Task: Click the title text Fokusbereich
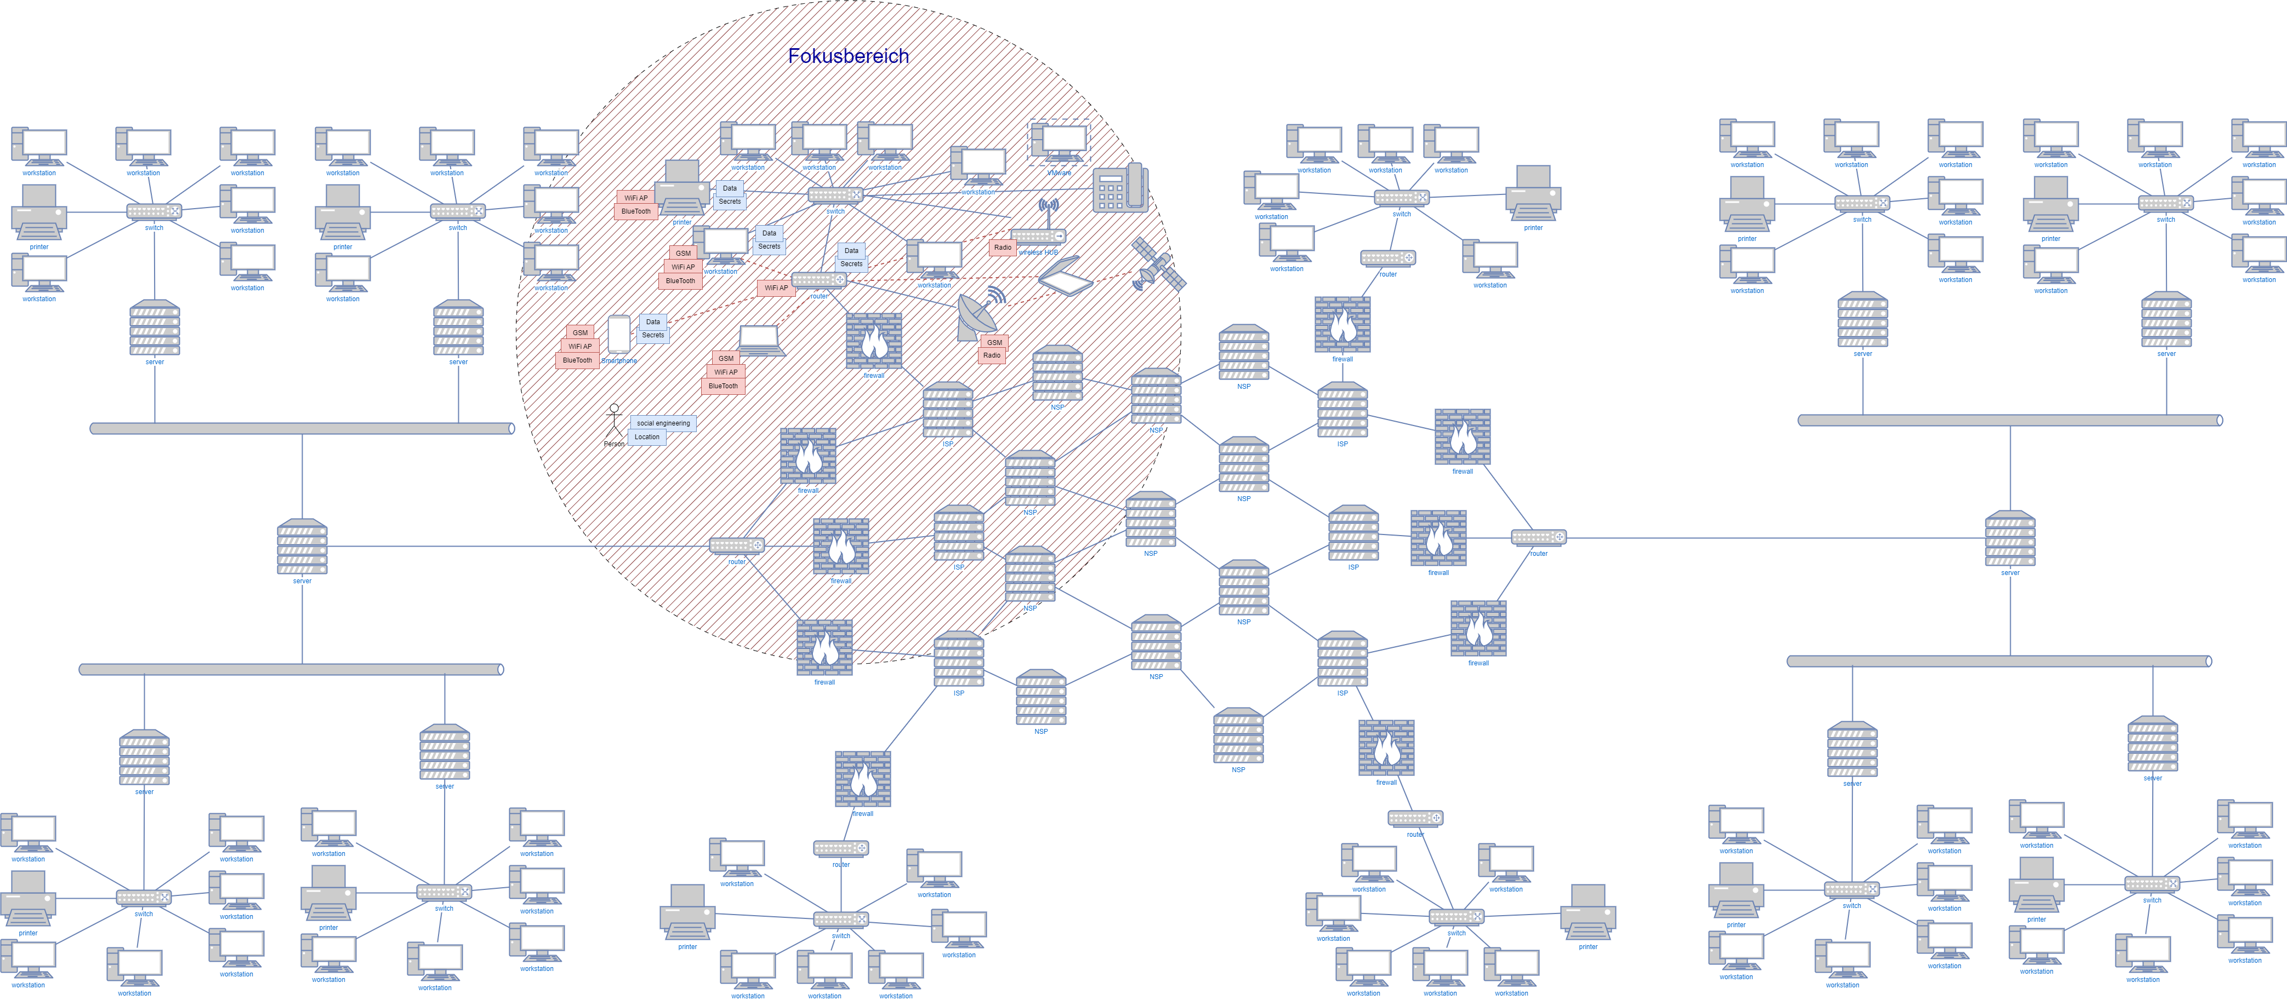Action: click(848, 56)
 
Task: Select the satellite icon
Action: click(1158, 265)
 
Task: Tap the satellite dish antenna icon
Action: click(978, 315)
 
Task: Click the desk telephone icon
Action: click(1120, 188)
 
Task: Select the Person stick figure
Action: click(613, 422)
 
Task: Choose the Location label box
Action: click(647, 436)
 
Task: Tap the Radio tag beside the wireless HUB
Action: click(1002, 248)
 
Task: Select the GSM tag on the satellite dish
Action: click(994, 342)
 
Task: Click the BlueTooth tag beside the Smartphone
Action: click(577, 360)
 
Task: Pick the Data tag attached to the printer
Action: click(730, 188)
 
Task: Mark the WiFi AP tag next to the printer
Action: click(636, 198)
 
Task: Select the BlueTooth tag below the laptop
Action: click(722, 386)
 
